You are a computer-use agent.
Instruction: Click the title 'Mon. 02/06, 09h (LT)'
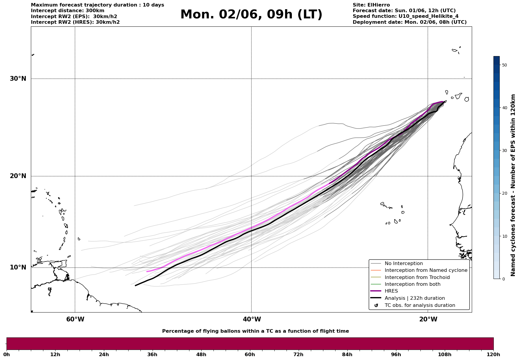point(251,15)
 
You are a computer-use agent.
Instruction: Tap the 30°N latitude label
point(18,79)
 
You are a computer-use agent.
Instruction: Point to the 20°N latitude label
point(18,176)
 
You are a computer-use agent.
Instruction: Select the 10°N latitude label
point(18,267)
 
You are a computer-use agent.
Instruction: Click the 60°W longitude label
point(75,319)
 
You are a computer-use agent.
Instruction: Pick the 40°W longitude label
point(252,319)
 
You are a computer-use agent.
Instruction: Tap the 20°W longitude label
point(428,319)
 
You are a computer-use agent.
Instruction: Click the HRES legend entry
point(391,291)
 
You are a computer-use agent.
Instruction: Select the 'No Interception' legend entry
point(404,264)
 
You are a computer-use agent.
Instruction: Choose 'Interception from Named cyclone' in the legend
point(426,270)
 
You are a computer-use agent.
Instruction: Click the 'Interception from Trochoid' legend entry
point(417,277)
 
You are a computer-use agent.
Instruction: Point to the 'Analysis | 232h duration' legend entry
point(414,298)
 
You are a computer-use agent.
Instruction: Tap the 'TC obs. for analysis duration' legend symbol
point(376,305)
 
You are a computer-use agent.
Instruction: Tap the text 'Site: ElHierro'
point(371,5)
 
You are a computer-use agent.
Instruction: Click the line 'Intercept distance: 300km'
point(68,11)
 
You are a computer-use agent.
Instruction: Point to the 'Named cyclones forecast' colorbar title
point(513,185)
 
